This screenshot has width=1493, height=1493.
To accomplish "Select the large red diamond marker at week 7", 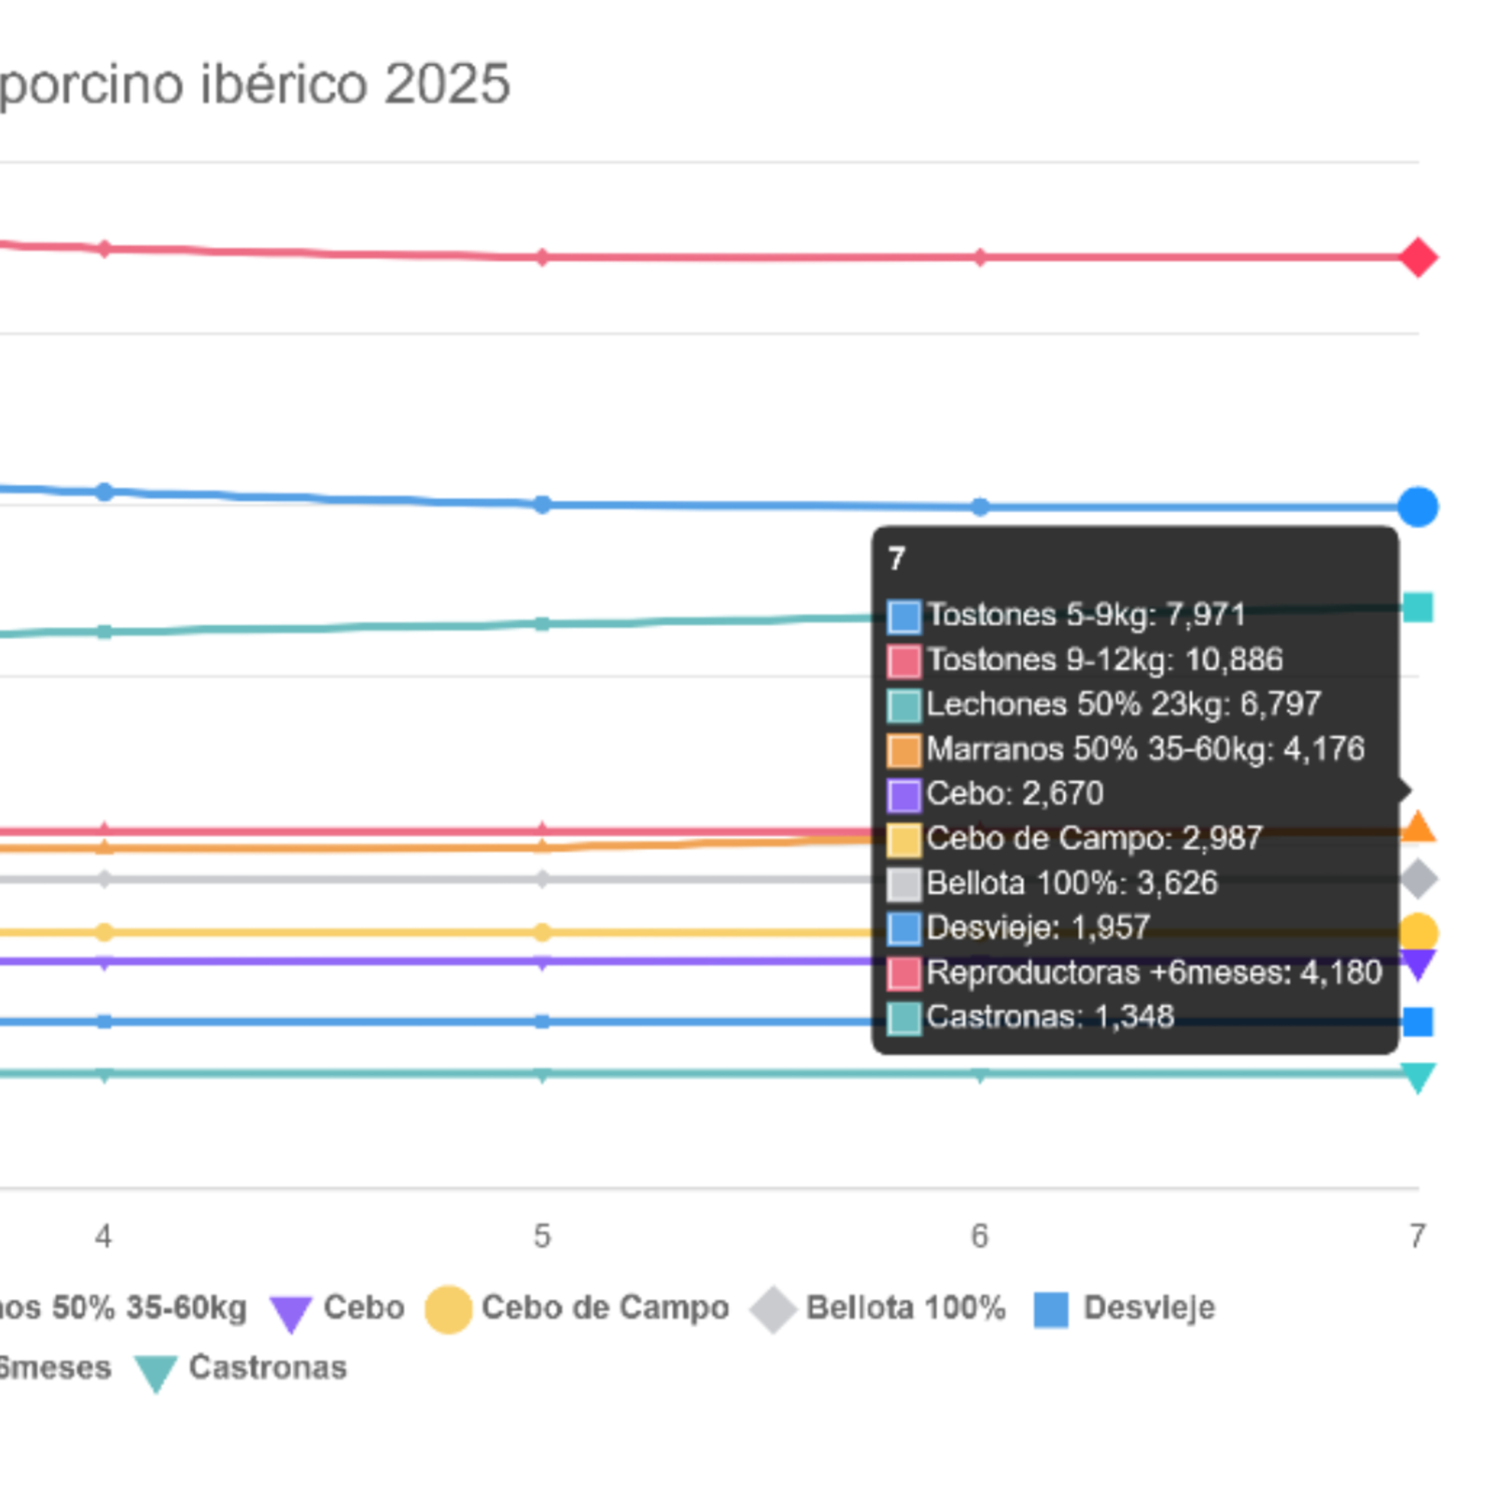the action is pos(1418,257).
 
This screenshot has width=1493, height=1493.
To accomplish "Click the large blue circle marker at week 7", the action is pos(1418,507).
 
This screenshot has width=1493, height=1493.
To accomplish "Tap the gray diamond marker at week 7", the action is pos(1418,879).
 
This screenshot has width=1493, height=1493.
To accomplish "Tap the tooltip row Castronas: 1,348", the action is pos(1031,1017).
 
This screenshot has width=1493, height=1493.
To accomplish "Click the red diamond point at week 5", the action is pos(542,257).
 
